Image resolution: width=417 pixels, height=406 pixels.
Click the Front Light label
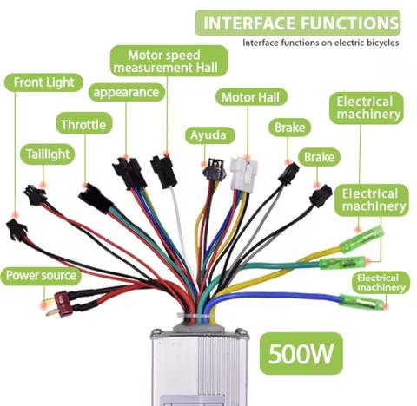[43, 82]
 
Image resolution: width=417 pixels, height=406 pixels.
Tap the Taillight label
[48, 154]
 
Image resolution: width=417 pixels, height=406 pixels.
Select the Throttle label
[83, 124]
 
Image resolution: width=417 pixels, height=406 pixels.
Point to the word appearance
[126, 93]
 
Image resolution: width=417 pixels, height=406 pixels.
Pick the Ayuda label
[209, 135]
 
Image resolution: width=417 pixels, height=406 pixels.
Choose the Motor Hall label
[251, 97]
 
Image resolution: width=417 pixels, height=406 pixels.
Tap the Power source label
[41, 275]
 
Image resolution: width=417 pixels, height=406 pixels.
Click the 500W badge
[301, 353]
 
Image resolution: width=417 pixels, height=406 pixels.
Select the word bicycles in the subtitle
[382, 43]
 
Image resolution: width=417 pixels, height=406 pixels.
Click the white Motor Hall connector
[243, 174]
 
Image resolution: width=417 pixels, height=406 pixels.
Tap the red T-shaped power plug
[59, 304]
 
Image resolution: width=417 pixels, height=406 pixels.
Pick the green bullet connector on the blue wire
[361, 303]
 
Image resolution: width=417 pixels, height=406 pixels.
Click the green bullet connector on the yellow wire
[361, 239]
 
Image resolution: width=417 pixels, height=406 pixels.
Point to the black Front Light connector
[17, 229]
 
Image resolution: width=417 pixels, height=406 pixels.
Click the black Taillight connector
[35, 195]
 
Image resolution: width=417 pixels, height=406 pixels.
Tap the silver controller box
[199, 367]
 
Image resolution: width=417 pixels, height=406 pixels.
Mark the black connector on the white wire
[164, 172]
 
